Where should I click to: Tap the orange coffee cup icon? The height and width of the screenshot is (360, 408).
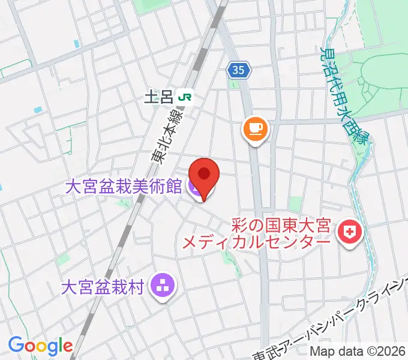pos(255,129)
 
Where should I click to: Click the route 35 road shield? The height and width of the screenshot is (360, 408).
pos(238,71)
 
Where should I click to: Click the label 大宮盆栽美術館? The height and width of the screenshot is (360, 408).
pos(124,187)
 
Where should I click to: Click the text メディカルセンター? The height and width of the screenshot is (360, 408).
pos(256,242)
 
